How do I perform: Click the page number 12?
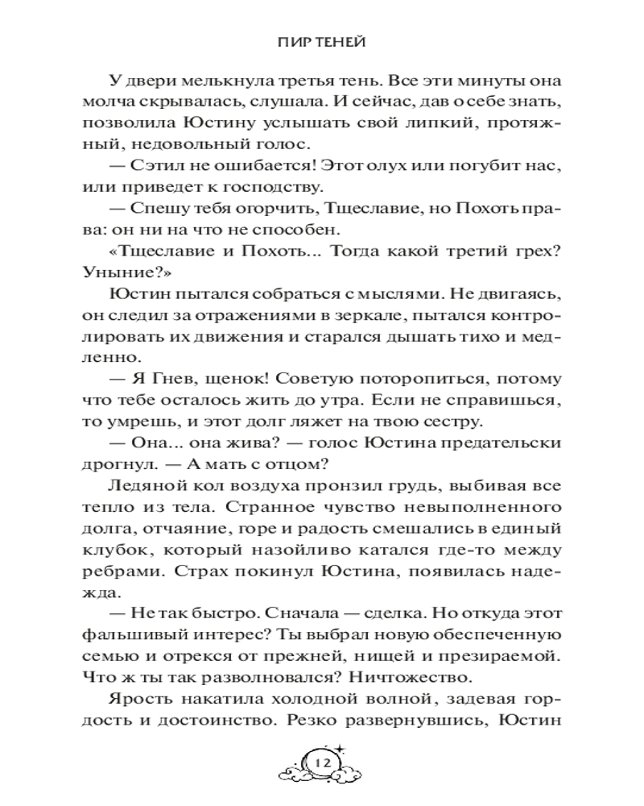coord(324,762)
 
